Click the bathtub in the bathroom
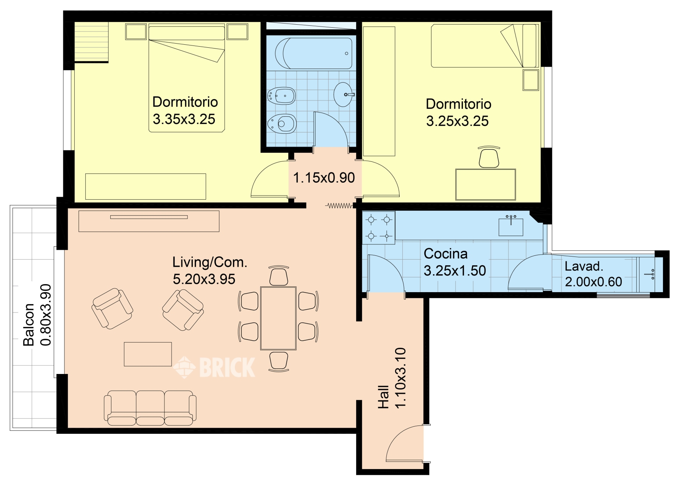click(313, 53)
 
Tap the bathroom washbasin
click(344, 94)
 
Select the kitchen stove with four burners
click(378, 228)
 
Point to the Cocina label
click(446, 253)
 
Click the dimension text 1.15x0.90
click(324, 178)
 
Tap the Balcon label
click(29, 324)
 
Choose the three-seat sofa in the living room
click(150, 408)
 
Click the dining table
click(278, 318)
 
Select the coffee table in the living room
click(148, 354)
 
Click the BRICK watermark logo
click(214, 367)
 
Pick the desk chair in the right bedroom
click(489, 157)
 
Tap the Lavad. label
click(584, 266)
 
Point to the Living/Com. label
click(210, 262)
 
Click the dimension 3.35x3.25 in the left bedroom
click(184, 119)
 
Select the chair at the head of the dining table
click(279, 275)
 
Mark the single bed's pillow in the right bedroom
click(530, 46)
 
